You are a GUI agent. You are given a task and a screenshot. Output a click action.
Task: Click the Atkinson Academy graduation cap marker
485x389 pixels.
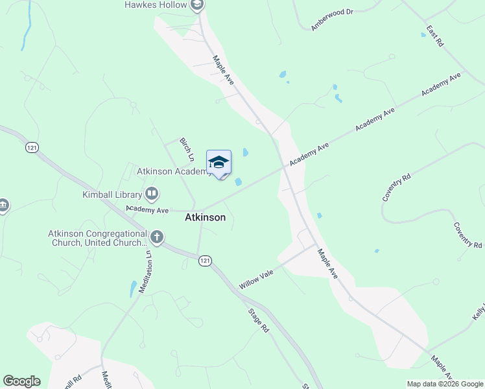point(219,162)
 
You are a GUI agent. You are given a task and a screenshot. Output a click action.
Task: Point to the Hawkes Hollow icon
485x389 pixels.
point(198,5)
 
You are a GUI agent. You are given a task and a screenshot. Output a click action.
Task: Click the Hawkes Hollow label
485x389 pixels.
point(156,5)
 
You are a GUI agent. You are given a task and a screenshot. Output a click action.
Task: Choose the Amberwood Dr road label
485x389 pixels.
point(331,19)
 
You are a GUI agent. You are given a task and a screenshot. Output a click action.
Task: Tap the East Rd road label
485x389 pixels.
point(434,36)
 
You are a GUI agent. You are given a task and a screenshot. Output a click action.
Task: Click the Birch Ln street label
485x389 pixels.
point(187,149)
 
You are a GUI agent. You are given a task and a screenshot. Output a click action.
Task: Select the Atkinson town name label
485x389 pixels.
point(206,218)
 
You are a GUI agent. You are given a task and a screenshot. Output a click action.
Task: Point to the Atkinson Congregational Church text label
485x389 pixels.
point(97,238)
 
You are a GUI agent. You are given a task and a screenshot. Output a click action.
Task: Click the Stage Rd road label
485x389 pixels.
point(257,320)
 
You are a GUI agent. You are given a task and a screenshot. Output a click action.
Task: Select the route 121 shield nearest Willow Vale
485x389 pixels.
point(205,261)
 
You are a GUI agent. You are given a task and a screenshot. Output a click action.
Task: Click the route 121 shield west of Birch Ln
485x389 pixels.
point(32,148)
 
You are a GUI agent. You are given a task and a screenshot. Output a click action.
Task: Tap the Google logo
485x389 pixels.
point(21,381)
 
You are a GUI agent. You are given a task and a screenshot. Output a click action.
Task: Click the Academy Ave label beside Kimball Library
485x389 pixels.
point(147,209)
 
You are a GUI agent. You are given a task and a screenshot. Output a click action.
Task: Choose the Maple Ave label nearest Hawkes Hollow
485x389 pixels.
point(223,69)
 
